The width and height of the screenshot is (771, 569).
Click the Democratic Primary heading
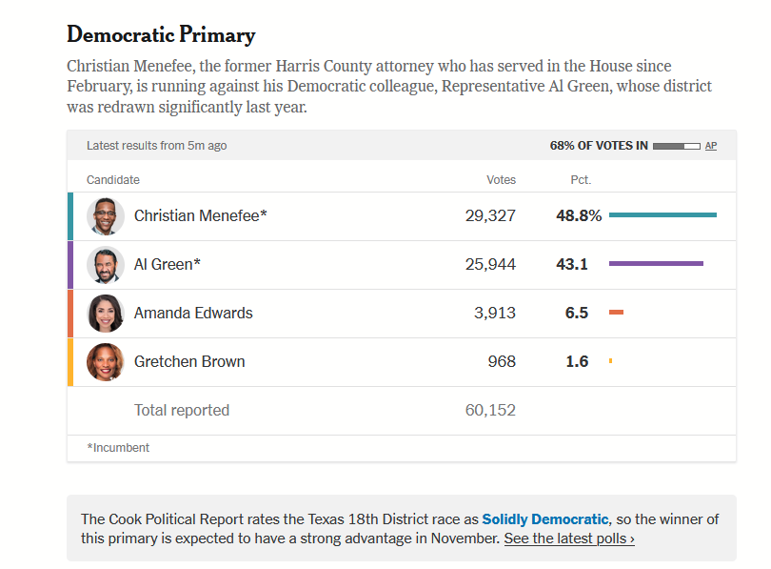(161, 35)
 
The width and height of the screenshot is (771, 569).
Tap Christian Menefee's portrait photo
(106, 216)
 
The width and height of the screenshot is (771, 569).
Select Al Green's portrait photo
(106, 265)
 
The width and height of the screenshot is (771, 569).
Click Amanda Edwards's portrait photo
(106, 314)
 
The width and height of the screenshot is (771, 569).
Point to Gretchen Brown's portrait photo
(106, 362)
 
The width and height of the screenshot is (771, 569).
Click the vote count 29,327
(490, 216)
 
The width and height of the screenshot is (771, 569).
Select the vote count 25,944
(490, 265)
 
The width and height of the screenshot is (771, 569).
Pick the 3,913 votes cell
(495, 314)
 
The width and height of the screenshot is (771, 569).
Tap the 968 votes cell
(501, 362)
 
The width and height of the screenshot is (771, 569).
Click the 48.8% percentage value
(579, 216)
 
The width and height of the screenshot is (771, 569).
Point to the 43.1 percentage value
(572, 265)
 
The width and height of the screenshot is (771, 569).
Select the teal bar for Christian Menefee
(662, 215)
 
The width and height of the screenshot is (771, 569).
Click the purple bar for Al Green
(656, 264)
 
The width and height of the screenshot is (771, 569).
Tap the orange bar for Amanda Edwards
(616, 313)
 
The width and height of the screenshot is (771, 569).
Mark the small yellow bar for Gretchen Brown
(610, 361)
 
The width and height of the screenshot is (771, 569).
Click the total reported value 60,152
(490, 411)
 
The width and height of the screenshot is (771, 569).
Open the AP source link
(711, 146)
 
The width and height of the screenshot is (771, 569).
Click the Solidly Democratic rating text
(544, 519)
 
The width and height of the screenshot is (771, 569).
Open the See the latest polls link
(569, 539)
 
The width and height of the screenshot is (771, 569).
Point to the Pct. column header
(581, 180)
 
